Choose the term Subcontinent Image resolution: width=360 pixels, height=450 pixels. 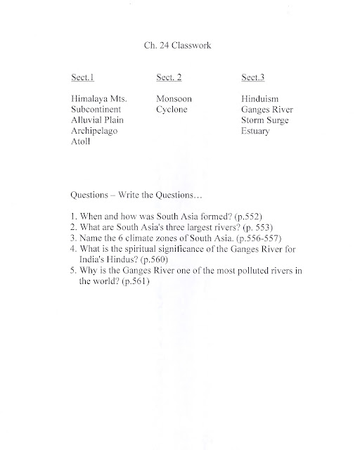97,110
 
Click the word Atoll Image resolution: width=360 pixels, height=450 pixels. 82,141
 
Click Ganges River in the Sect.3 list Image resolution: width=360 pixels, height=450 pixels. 266,110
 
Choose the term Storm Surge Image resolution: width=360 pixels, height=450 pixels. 264,120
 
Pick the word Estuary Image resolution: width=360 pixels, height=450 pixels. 255,131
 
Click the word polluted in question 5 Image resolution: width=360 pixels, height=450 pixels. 241,271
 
